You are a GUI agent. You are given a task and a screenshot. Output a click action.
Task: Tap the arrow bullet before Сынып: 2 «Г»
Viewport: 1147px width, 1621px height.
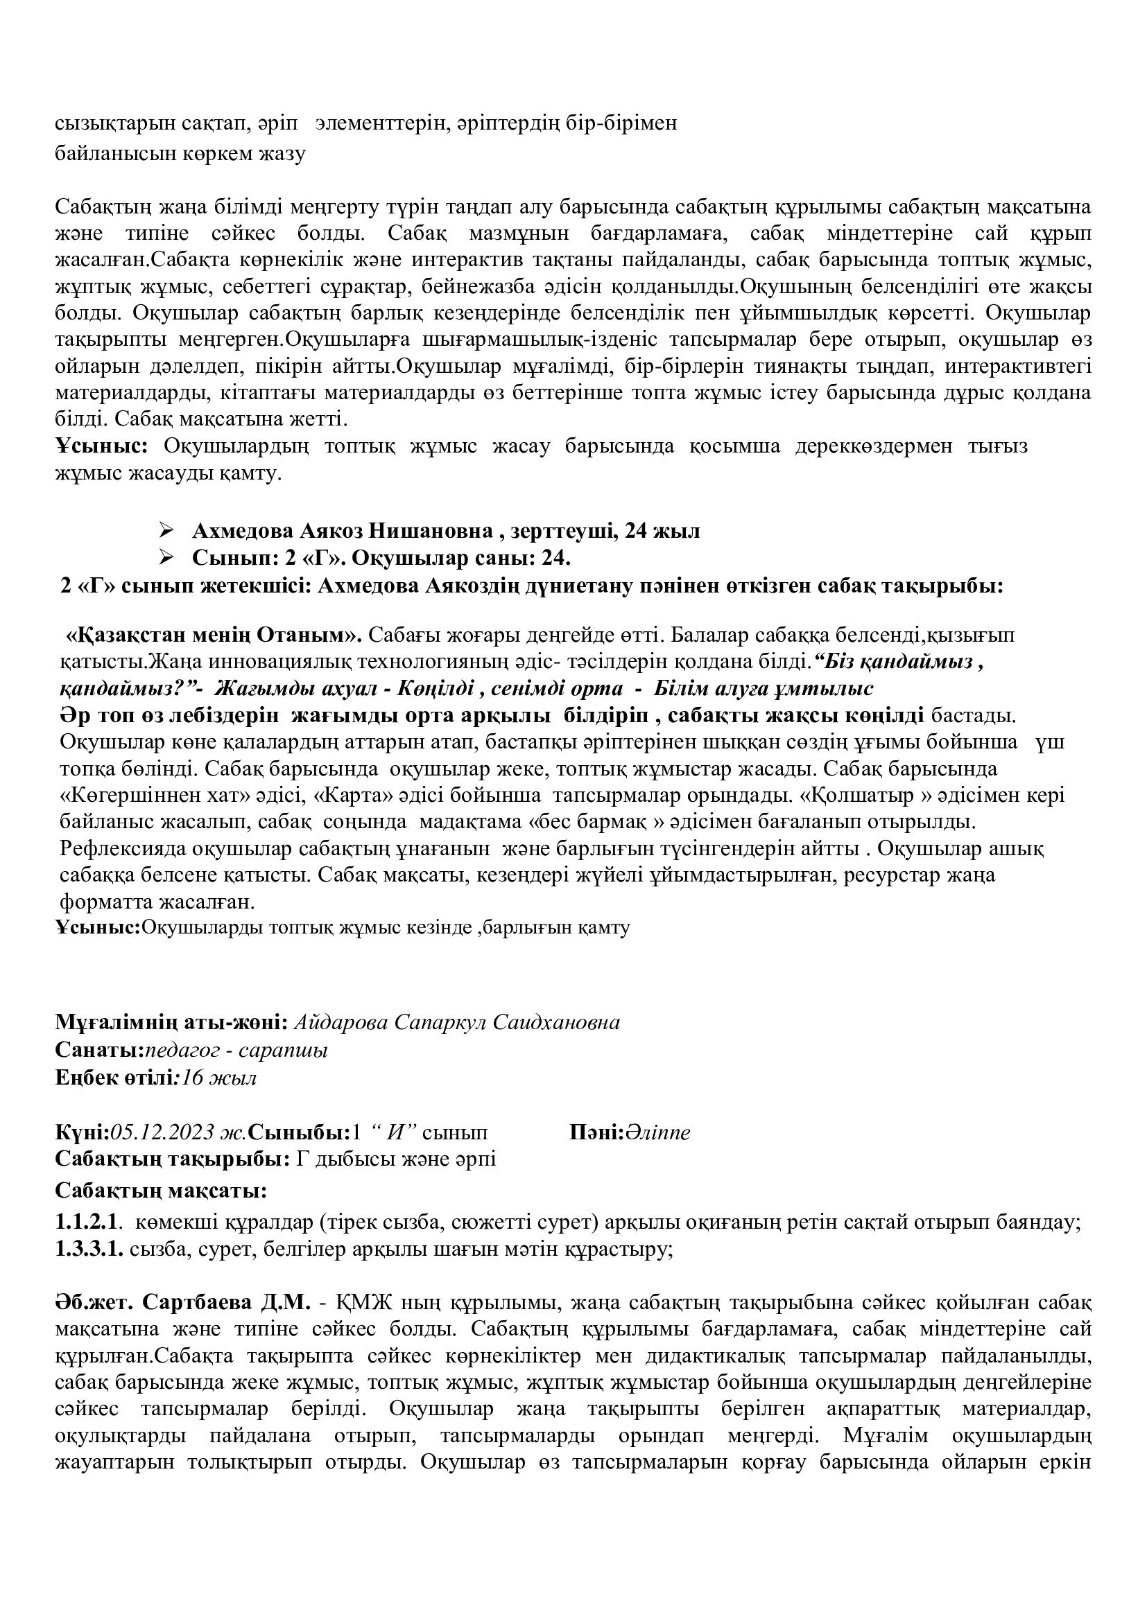click(166, 557)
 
